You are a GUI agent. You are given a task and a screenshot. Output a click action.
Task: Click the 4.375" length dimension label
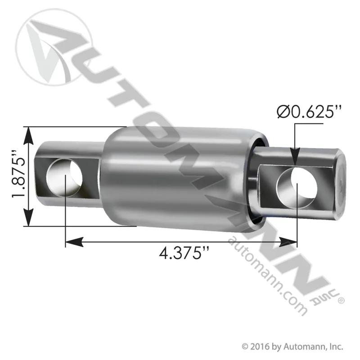[184, 253]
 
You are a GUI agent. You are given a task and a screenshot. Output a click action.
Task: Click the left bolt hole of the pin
[64, 176]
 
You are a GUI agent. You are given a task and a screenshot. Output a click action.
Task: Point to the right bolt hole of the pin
[297, 188]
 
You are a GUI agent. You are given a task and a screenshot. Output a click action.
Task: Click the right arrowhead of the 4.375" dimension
[288, 242]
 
